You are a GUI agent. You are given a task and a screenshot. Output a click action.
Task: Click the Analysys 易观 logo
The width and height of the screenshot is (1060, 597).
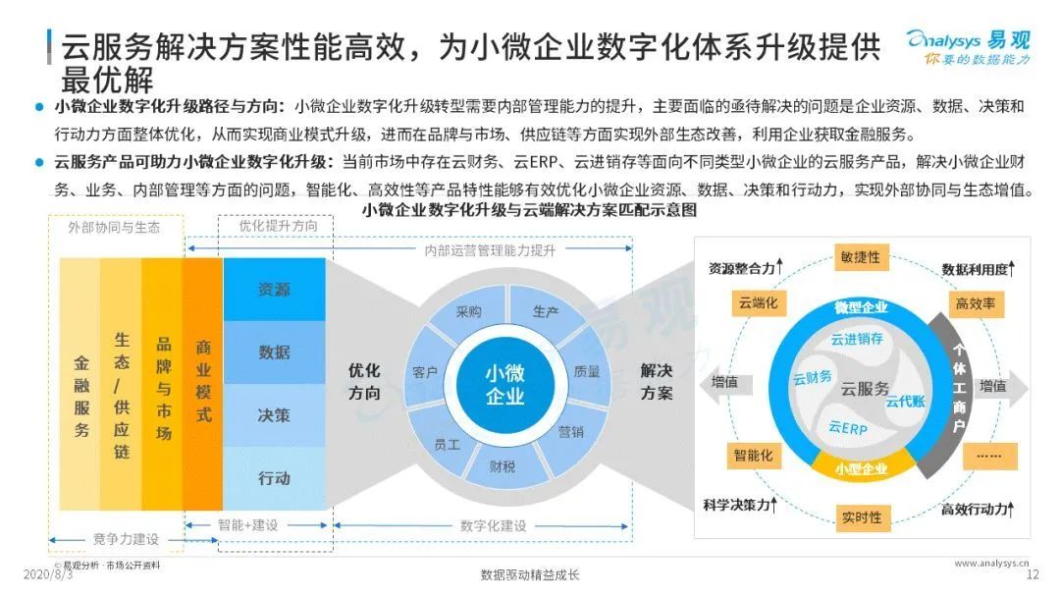pos(968,46)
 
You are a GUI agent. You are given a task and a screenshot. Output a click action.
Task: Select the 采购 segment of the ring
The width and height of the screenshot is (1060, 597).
pos(468,312)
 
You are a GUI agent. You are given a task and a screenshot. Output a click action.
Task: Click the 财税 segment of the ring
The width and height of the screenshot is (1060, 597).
pos(502,466)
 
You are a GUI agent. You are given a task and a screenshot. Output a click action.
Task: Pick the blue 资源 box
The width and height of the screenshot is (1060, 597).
pos(274,290)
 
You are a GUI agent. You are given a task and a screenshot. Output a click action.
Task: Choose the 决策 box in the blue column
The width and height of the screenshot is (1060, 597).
pos(274,415)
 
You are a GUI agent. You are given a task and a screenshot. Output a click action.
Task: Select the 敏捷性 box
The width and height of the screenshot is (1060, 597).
pos(860,257)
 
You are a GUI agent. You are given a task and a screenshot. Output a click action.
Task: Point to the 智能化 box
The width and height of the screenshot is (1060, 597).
pos(753,456)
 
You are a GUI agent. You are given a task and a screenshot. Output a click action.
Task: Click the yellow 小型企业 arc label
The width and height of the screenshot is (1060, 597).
pos(861,469)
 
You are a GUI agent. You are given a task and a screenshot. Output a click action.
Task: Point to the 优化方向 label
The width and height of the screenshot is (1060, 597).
pos(364,382)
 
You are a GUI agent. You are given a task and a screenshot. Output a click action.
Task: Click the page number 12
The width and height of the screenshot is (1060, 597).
pos(1032,574)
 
